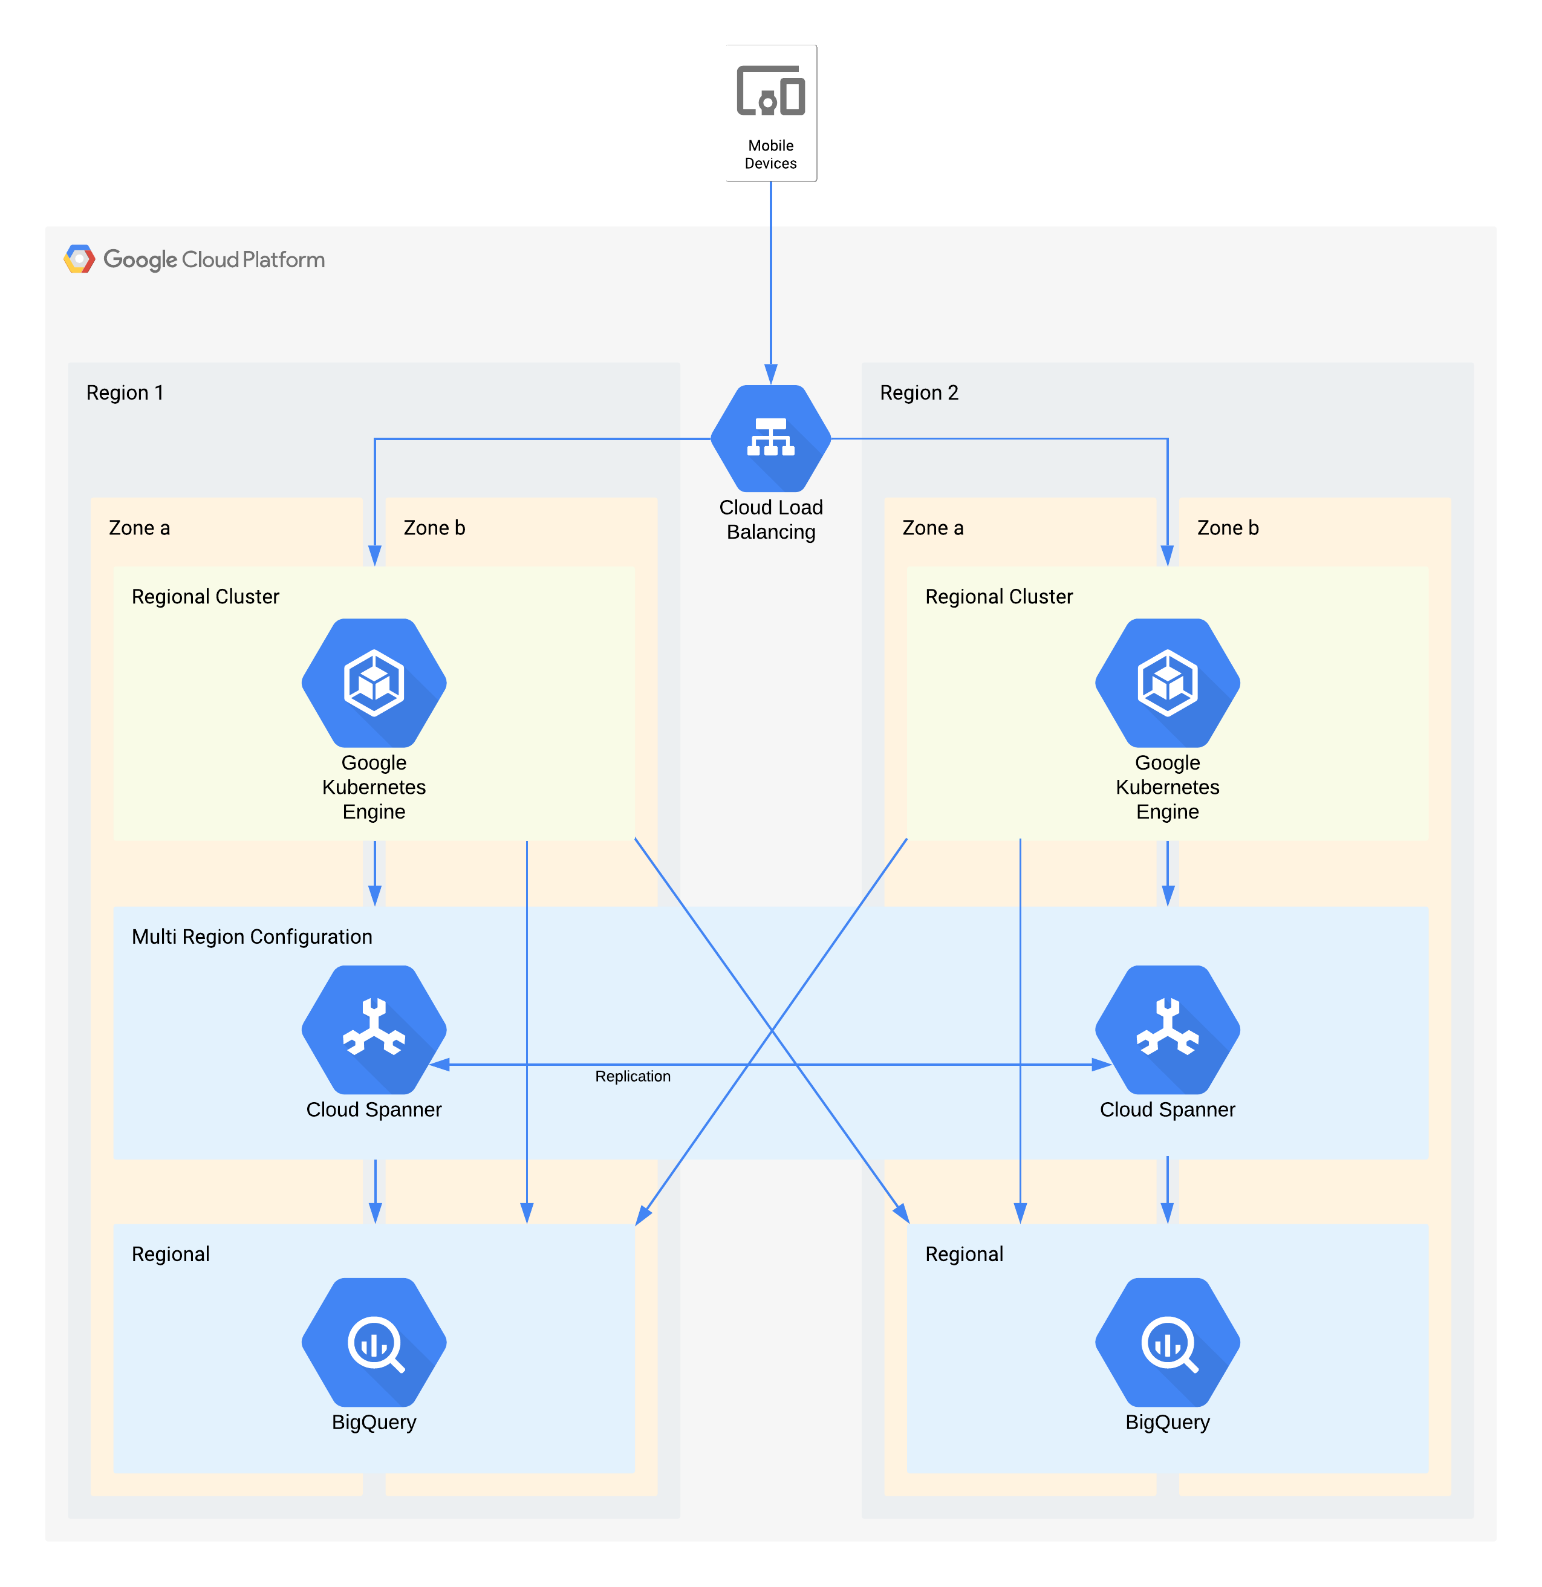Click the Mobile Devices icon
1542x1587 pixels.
770,91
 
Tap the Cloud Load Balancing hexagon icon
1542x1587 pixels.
770,438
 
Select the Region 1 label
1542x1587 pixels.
125,393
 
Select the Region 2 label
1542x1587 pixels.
919,393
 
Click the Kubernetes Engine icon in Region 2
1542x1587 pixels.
1167,683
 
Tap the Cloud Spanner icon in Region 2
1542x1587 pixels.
1167,1028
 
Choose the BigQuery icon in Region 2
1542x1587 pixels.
1167,1342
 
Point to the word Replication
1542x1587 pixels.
633,1076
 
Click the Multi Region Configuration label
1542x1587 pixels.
252,937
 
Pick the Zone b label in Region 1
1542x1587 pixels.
434,528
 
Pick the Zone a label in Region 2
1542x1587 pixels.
933,528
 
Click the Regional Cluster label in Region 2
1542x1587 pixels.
998,597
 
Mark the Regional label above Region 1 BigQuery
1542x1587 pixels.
170,1254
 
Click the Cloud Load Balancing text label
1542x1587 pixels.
770,520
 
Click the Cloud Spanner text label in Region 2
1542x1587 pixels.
1167,1109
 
